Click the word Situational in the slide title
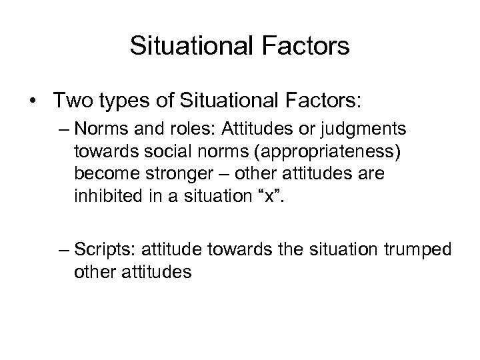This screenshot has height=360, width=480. pos(188,46)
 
